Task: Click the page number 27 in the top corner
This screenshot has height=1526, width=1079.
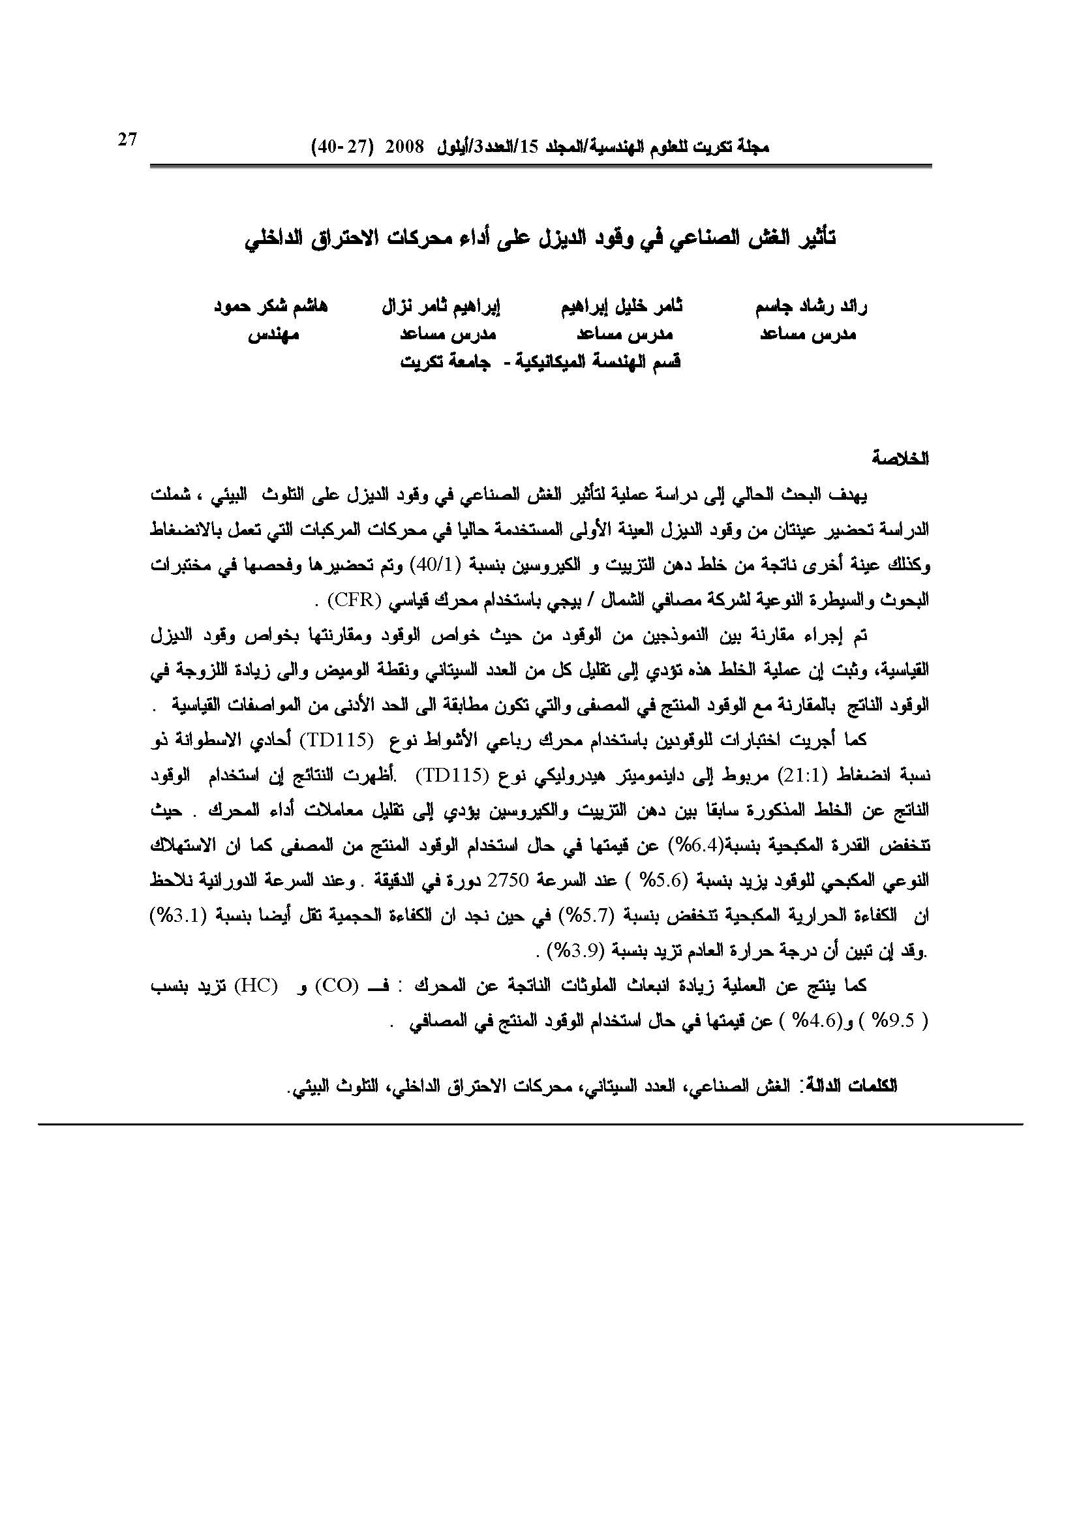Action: [x=127, y=140]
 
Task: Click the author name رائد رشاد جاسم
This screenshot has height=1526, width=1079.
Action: [x=812, y=307]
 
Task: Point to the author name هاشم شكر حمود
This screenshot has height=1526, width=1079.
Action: [x=271, y=307]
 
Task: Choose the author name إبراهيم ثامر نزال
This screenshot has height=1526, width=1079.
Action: [x=440, y=307]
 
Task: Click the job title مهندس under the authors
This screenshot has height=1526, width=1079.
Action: [x=273, y=335]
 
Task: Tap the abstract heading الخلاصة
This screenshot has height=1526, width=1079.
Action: [x=902, y=459]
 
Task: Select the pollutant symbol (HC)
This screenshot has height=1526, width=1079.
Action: [x=255, y=985]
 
